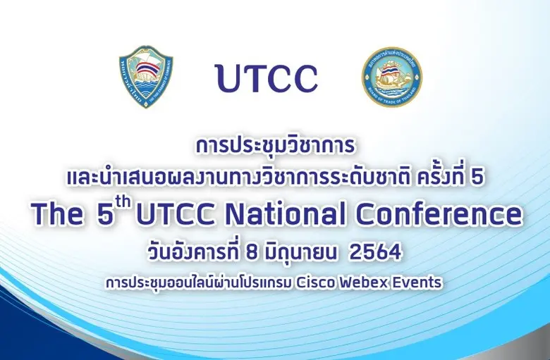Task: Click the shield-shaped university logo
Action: [x=146, y=77]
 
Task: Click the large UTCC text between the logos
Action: [x=267, y=78]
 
